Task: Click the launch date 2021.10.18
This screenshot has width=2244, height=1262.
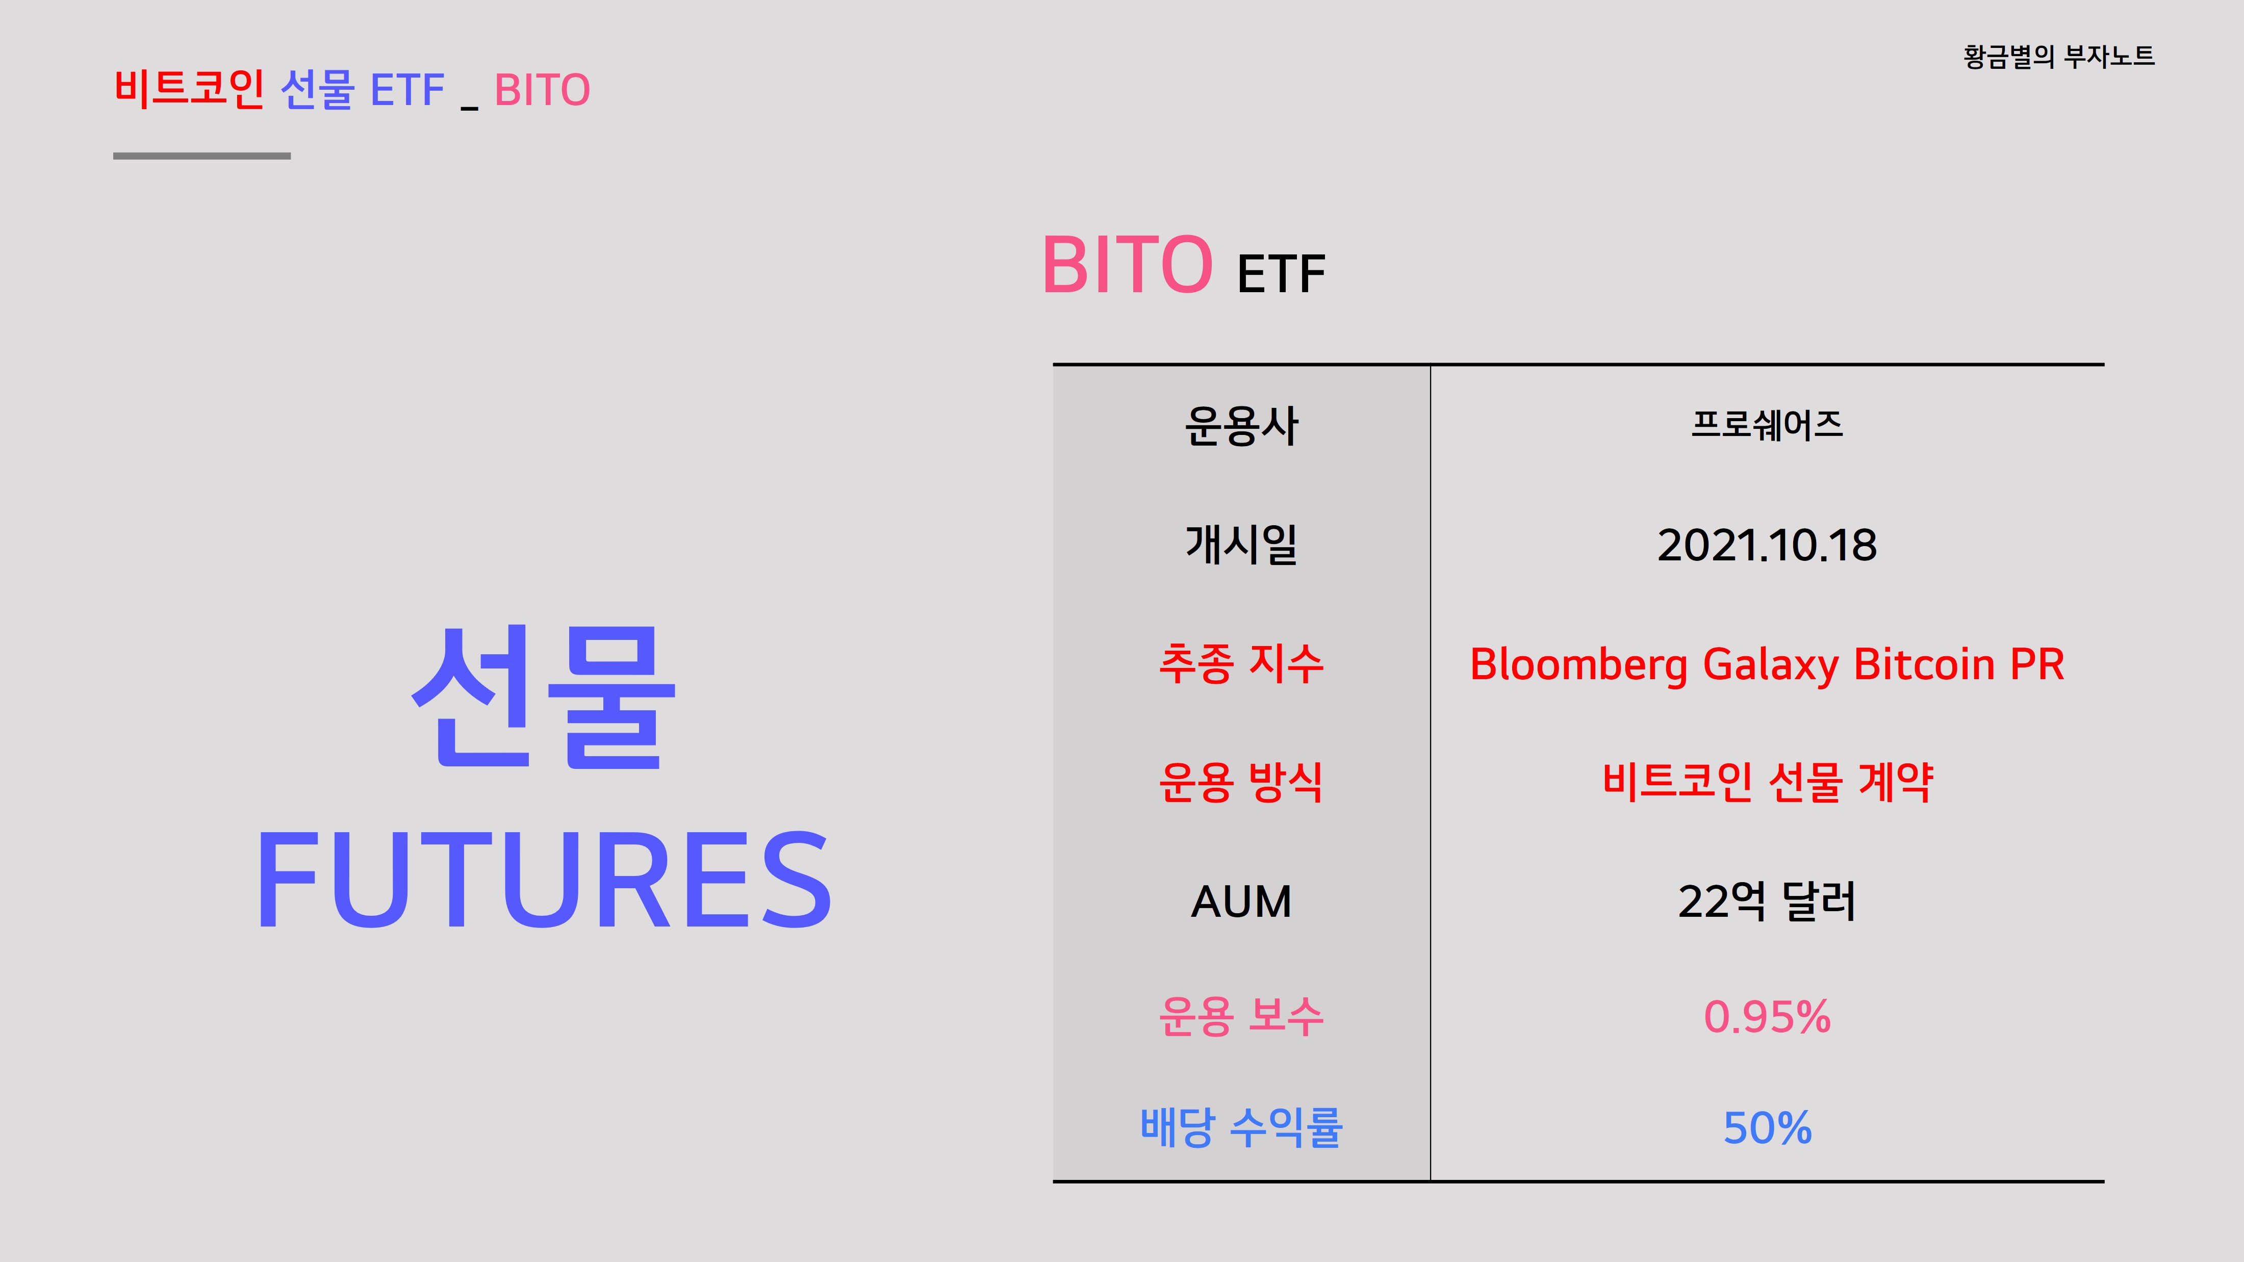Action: coord(1767,545)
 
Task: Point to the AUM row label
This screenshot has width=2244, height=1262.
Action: coord(1241,902)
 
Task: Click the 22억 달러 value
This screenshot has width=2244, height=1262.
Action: coord(1767,902)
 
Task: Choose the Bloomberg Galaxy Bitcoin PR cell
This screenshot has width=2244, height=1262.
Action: coord(1767,664)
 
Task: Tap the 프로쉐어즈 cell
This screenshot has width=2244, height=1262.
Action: coord(1767,425)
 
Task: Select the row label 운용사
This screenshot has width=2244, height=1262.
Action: coord(1241,427)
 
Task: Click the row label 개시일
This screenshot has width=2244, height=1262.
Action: coord(1241,545)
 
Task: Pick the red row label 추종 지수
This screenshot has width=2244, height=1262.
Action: coord(1241,664)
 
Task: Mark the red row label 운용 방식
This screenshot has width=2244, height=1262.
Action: coord(1241,782)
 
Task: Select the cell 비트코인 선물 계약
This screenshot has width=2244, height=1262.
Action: coord(1767,782)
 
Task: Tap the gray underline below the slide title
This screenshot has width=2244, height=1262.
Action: coord(202,156)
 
